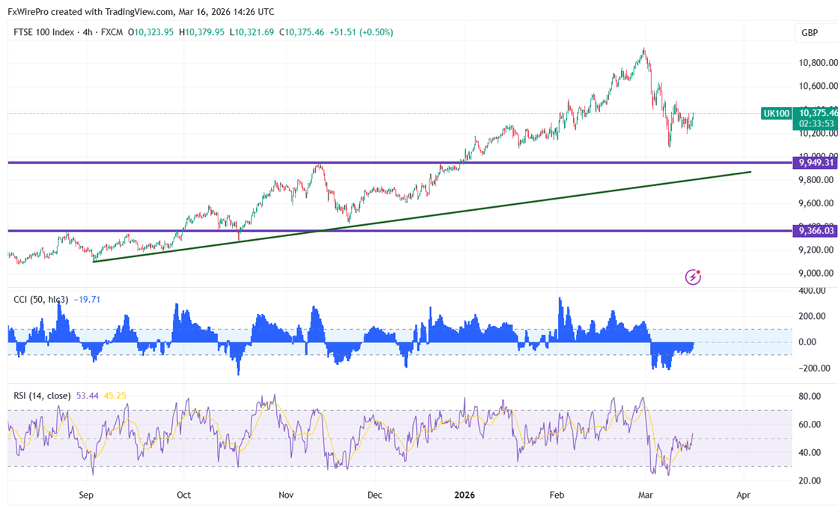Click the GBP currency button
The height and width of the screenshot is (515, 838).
[x=809, y=33]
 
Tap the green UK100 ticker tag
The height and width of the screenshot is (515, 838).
[x=775, y=114]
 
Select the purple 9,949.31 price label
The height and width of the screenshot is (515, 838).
[x=814, y=162]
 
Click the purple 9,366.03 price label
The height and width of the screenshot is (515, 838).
[x=814, y=231]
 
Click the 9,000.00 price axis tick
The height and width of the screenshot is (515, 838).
[x=815, y=273]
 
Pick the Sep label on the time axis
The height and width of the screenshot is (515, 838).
[x=85, y=495]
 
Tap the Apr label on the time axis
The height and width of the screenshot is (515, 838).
[x=743, y=495]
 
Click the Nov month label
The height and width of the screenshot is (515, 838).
[x=285, y=495]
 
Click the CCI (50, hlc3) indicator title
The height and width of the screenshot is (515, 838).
[x=41, y=300]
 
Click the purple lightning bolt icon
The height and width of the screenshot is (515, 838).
[x=694, y=277]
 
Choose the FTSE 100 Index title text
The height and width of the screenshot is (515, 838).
[x=44, y=32]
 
